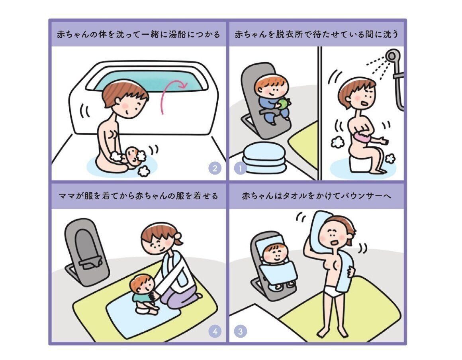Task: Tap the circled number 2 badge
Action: (x=215, y=168)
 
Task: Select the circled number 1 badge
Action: (x=240, y=168)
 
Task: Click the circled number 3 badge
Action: (x=240, y=331)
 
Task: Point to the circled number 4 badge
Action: (x=215, y=331)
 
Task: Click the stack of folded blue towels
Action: (x=264, y=158)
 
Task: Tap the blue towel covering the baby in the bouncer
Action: (x=278, y=273)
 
